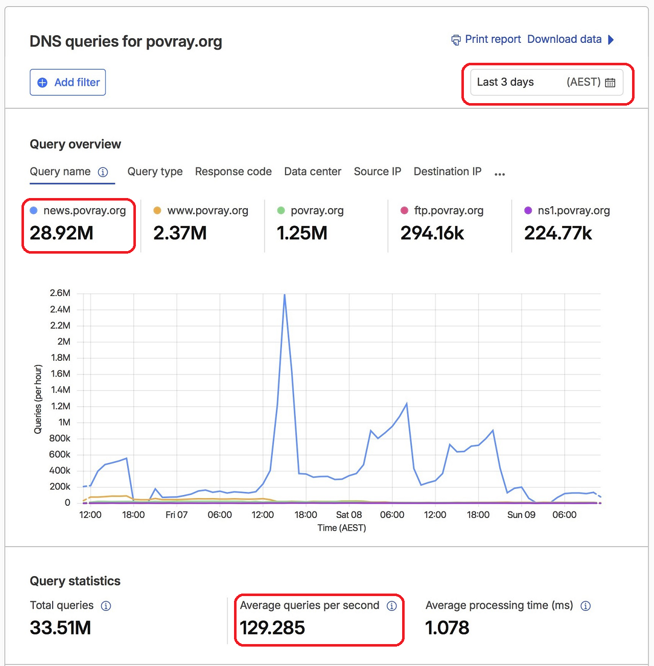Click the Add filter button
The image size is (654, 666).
[68, 82]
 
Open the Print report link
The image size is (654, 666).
[486, 39]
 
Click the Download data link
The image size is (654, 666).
[571, 39]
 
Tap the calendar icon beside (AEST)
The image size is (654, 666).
[610, 83]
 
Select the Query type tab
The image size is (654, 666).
[155, 171]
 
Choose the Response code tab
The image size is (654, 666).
[233, 171]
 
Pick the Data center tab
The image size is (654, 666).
[313, 171]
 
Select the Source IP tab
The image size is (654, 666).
[377, 171]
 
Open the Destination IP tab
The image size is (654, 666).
[448, 171]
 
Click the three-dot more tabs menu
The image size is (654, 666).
[500, 174]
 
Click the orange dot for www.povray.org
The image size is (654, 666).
[157, 210]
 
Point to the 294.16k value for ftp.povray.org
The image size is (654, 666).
[432, 233]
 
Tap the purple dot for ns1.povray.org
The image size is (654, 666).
[528, 210]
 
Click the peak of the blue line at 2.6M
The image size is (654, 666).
[285, 294]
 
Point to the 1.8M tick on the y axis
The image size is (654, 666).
[61, 358]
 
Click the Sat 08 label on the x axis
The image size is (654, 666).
[349, 514]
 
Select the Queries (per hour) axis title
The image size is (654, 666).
[38, 399]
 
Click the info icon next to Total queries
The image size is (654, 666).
[106, 606]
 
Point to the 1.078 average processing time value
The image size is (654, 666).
[447, 628]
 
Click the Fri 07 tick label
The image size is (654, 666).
[176, 514]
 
